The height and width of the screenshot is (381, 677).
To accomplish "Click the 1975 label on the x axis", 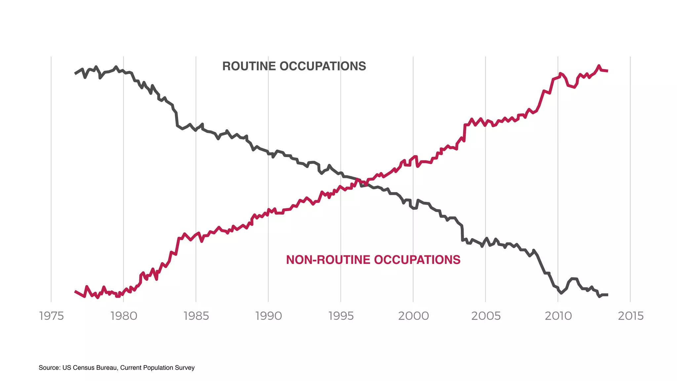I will coord(51,316).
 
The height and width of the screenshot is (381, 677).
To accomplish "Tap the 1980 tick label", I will coord(124,316).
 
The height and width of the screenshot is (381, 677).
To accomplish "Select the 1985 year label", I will coord(196,316).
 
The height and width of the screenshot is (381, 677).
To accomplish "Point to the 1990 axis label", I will coord(268,316).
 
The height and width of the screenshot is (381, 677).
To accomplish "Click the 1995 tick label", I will coord(341,316).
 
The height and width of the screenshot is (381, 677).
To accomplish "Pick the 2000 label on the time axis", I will coord(413,316).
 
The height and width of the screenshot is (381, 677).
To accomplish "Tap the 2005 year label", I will coord(486,316).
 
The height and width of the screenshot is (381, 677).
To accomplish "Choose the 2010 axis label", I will coord(558,316).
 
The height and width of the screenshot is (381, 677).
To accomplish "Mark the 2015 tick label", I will coord(630,316).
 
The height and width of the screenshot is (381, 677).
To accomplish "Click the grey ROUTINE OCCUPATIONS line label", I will coord(294,66).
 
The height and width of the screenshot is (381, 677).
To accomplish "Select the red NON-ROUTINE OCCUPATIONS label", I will coord(373,260).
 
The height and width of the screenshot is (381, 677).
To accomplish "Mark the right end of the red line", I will coord(608,71).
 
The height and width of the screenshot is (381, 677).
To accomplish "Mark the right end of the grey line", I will coord(608,295).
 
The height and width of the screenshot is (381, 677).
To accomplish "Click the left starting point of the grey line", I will coord(75,73).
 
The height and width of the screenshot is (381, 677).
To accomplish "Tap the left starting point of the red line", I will coord(75,291).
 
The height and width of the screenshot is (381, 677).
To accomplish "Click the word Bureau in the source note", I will coord(107,368).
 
